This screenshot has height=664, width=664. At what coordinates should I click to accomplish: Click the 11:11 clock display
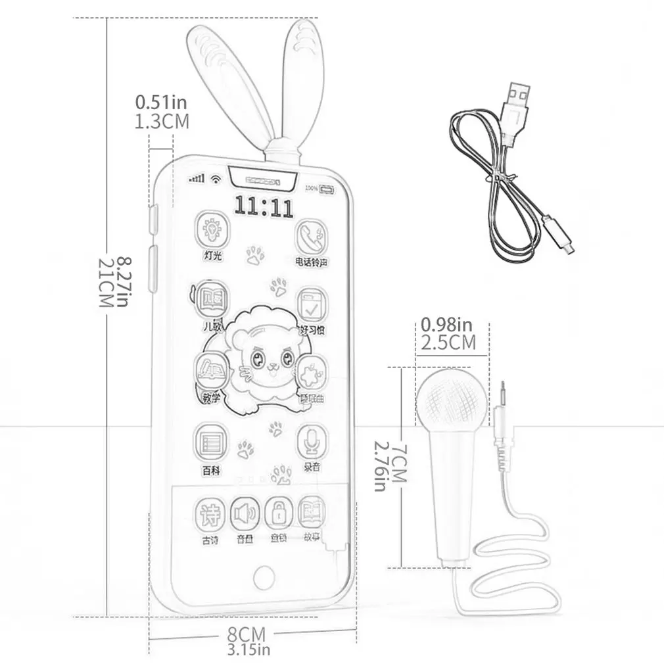click(x=264, y=207)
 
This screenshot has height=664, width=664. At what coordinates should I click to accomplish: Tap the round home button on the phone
click(x=264, y=577)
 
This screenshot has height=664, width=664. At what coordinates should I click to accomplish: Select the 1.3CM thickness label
click(x=162, y=121)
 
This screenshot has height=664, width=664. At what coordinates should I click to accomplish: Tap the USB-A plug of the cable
click(x=515, y=99)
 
